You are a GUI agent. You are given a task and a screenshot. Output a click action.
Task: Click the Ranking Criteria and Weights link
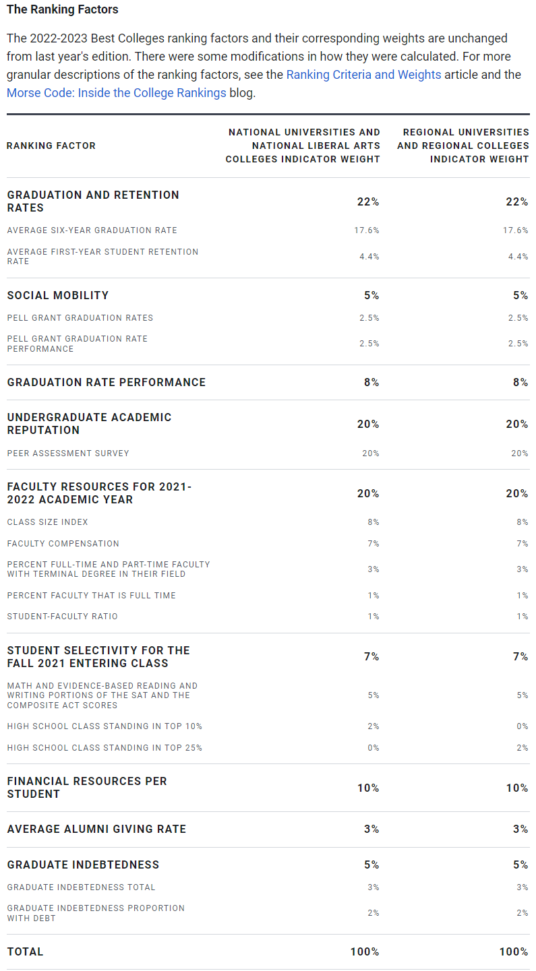click(x=363, y=75)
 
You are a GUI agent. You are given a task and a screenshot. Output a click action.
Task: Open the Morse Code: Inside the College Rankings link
click(x=116, y=93)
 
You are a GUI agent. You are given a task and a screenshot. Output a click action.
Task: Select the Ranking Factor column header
click(x=51, y=146)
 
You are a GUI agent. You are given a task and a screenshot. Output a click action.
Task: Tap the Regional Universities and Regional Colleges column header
click(x=463, y=146)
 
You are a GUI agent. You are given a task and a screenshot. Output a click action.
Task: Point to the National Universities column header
click(x=303, y=146)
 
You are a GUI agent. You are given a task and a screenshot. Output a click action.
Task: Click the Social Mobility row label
click(x=58, y=295)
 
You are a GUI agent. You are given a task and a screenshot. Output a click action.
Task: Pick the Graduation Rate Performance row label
click(x=107, y=382)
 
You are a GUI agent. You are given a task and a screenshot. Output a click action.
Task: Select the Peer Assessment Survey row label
click(x=68, y=453)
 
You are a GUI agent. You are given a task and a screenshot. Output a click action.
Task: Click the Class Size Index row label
click(x=48, y=522)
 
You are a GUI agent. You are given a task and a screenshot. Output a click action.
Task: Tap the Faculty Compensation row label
click(x=63, y=544)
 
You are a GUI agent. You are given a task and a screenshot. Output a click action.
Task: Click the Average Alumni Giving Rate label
click(x=96, y=829)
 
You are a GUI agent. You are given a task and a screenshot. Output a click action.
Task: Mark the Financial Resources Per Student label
click(x=87, y=787)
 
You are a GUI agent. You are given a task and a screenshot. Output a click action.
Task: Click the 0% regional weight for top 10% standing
click(x=521, y=726)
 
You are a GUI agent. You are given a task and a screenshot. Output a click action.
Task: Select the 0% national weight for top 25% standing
click(x=373, y=748)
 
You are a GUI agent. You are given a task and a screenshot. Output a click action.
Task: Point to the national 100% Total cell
click(x=365, y=951)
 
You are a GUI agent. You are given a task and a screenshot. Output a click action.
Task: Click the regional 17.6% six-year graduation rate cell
click(x=515, y=230)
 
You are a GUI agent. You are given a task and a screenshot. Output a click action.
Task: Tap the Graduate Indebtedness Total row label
click(x=82, y=887)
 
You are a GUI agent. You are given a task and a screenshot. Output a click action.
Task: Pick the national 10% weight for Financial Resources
click(x=368, y=788)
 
